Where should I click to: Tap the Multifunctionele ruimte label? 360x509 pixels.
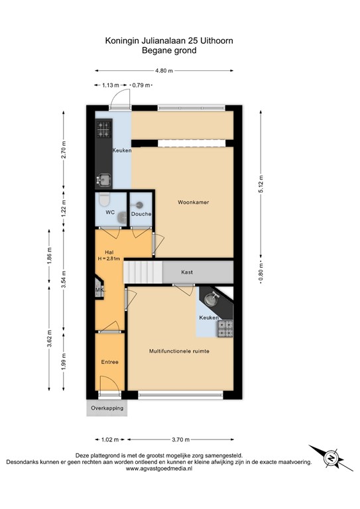[x=179, y=351]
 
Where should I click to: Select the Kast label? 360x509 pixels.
[x=188, y=272]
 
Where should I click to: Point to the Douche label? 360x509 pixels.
[x=141, y=214]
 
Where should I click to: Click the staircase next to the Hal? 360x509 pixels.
[x=145, y=272]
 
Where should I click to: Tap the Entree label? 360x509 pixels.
[x=109, y=362]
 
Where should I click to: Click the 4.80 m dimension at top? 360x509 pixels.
[x=164, y=70]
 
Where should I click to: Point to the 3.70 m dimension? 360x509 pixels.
[x=180, y=439]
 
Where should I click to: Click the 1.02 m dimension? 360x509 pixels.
[x=112, y=439]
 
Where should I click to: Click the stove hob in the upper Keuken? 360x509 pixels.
[x=102, y=131]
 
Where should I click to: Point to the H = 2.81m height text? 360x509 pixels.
[x=110, y=258]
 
